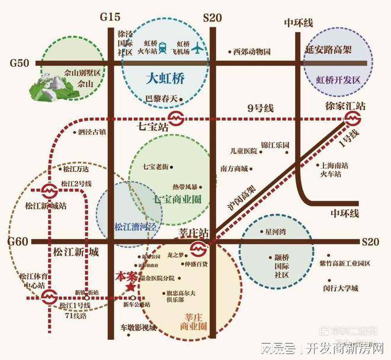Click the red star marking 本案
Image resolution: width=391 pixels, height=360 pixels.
point(129,287)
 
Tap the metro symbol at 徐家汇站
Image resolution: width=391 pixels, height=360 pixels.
point(352,119)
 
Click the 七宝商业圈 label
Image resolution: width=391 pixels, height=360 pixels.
point(178,199)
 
